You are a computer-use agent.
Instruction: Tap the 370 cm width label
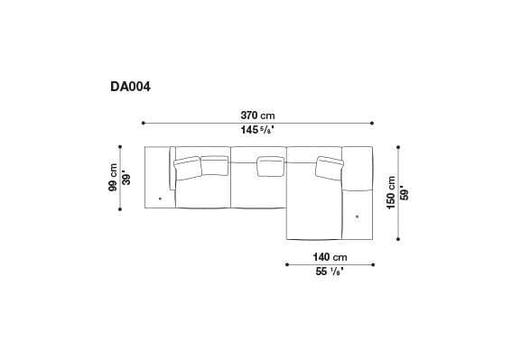(x=257, y=115)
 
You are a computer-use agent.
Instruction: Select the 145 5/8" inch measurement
(x=257, y=132)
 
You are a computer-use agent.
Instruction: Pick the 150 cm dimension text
(x=390, y=193)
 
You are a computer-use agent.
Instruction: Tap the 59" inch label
(x=404, y=193)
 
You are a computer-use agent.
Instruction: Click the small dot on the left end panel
(x=160, y=198)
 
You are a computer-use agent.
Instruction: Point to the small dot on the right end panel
(x=358, y=217)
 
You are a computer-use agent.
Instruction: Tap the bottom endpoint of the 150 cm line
(x=397, y=240)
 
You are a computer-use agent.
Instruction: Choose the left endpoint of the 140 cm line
(x=286, y=264)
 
